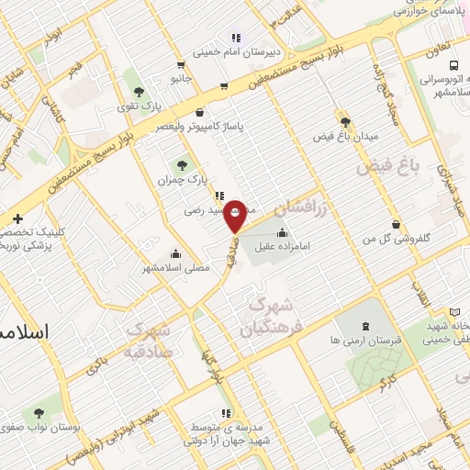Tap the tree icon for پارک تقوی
click(x=139, y=92)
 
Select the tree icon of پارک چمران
click(x=183, y=166)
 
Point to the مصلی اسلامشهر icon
click(x=175, y=253)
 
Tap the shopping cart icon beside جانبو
click(x=180, y=64)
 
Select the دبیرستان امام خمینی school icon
click(x=235, y=38)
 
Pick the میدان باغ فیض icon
click(x=345, y=121)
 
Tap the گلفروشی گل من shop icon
click(x=396, y=225)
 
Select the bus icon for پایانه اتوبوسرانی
click(x=454, y=64)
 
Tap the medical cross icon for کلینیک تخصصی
click(x=18, y=218)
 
